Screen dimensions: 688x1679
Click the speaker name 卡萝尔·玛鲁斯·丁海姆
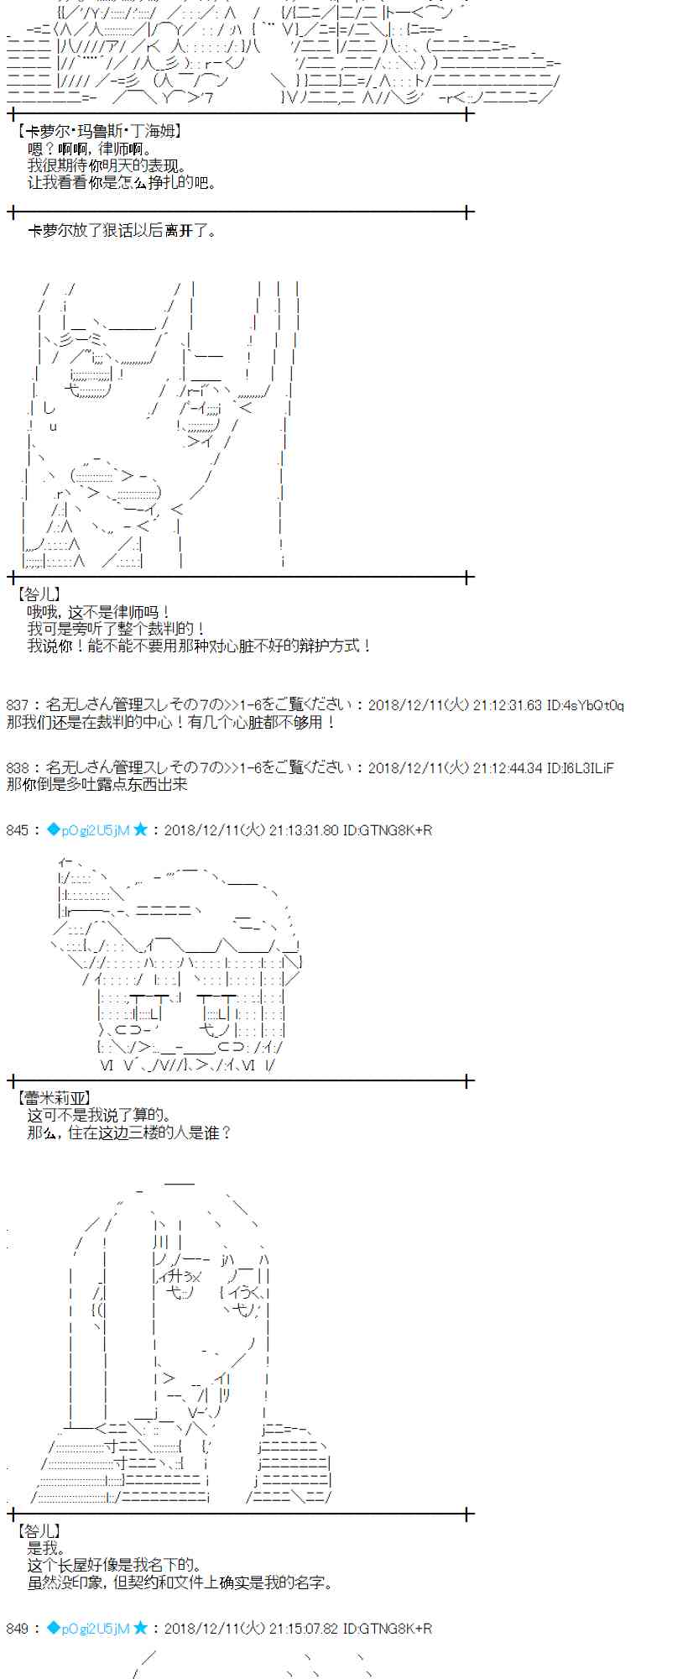tap(99, 132)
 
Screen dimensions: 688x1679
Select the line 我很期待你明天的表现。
tap(107, 166)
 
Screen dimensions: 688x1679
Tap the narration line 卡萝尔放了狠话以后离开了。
tap(122, 231)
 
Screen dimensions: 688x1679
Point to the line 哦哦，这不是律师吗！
tap(99, 613)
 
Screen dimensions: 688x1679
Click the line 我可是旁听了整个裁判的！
tap(116, 629)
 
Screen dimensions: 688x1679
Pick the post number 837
tap(17, 705)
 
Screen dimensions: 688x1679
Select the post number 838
tap(17, 767)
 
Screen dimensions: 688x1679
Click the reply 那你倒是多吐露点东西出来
tap(96, 784)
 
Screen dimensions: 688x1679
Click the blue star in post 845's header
tap(140, 829)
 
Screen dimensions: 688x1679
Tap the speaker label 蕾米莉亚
tap(54, 1098)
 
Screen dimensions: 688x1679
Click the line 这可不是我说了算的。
tap(99, 1116)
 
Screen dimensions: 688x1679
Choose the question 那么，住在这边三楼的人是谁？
tap(129, 1132)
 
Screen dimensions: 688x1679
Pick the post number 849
tap(17, 1629)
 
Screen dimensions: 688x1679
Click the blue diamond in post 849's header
tap(54, 1629)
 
